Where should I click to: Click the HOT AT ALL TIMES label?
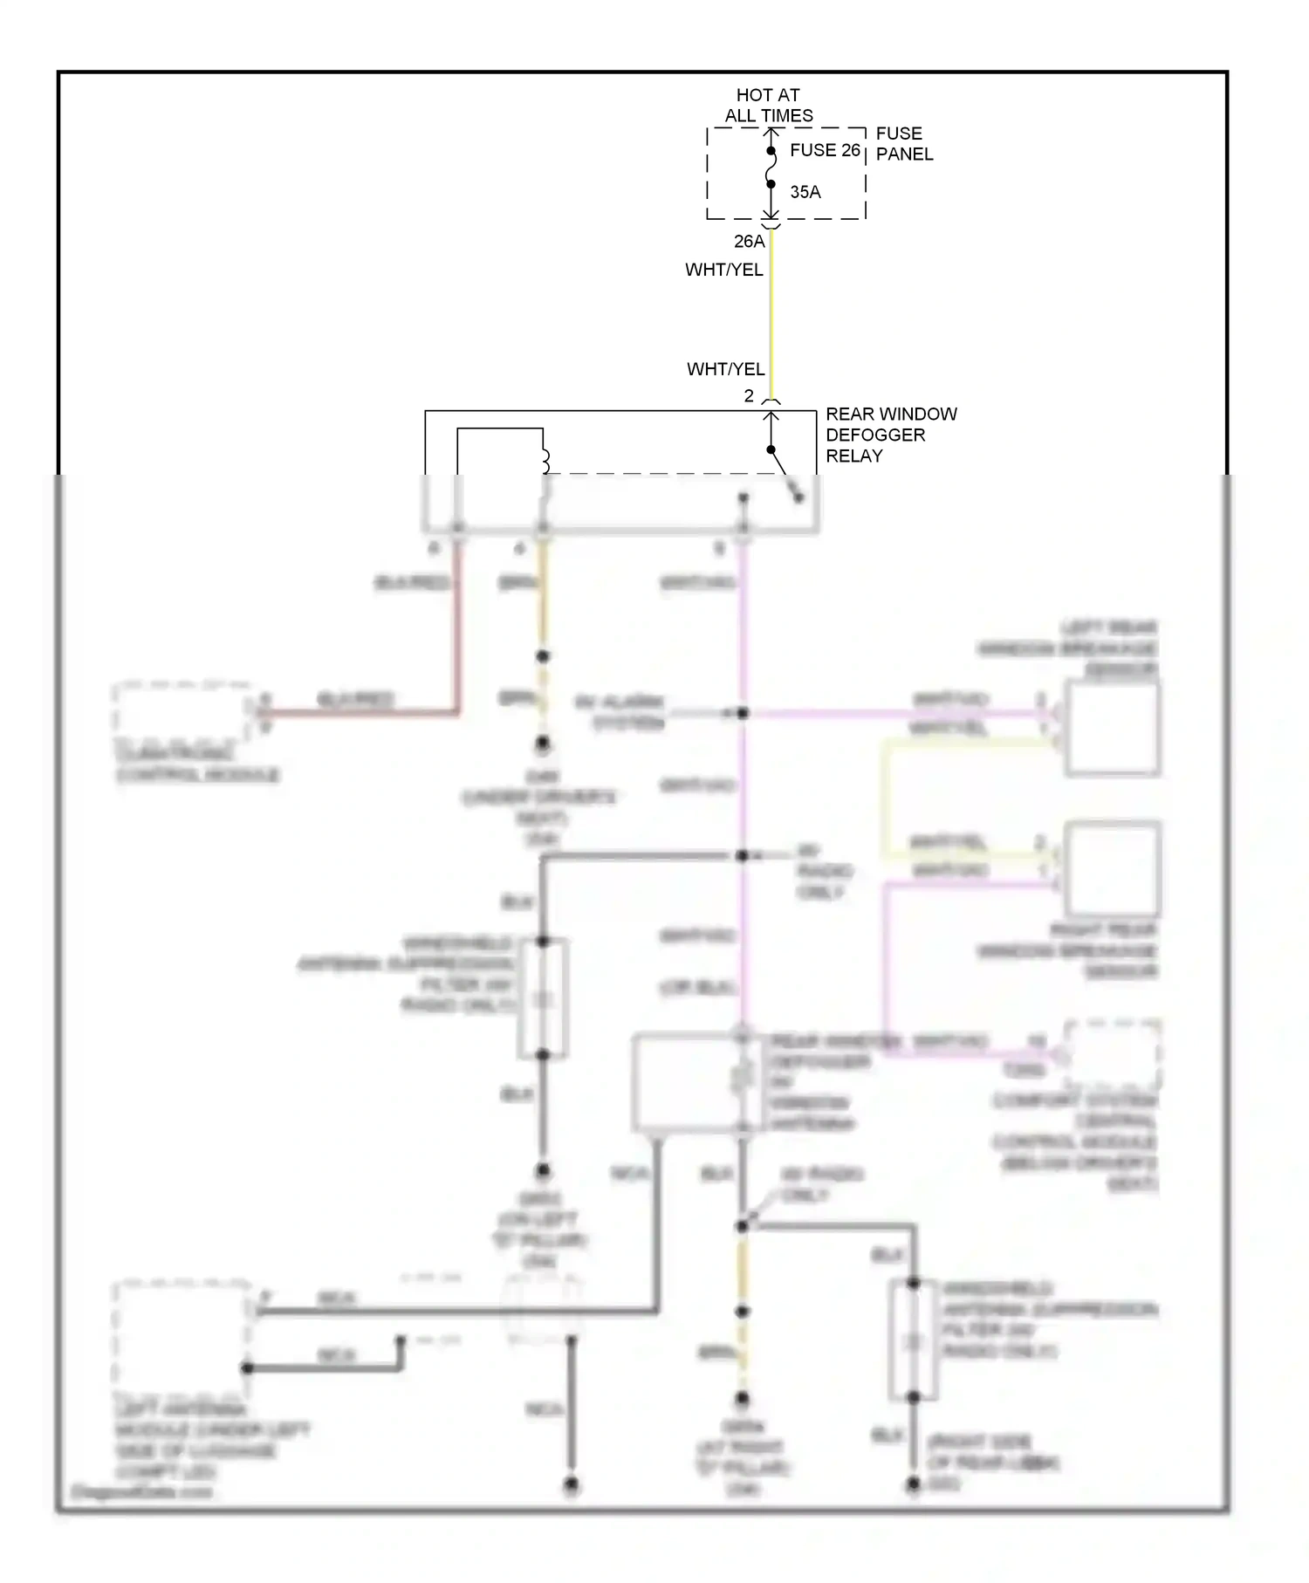point(768,105)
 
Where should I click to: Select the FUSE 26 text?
point(825,150)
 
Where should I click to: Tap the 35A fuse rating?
point(805,192)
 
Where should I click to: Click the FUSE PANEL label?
point(904,143)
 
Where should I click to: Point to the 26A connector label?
point(749,241)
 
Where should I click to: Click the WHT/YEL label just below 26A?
point(723,270)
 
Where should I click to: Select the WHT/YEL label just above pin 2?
point(725,369)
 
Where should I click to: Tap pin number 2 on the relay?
point(749,395)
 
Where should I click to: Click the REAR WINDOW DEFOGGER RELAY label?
point(890,435)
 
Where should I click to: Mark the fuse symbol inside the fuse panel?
point(771,168)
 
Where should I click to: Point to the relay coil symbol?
point(545,461)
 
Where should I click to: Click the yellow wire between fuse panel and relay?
point(771,314)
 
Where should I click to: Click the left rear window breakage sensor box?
point(1112,729)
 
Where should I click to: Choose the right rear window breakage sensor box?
point(1112,868)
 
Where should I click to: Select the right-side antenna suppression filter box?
point(913,1340)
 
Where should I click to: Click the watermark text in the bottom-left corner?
point(141,1491)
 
